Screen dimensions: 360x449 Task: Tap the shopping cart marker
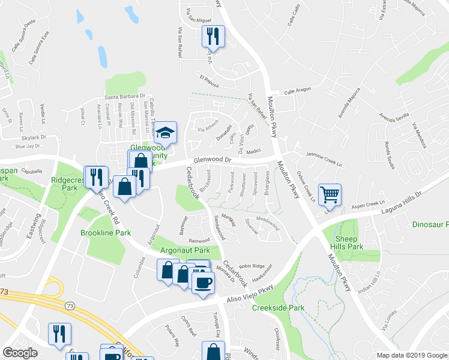[330, 194]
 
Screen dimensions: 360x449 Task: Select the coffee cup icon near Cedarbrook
[202, 281]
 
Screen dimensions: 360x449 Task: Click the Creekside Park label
[278, 308]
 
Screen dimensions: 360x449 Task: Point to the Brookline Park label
[106, 232]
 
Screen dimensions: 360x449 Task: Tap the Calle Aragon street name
[298, 90]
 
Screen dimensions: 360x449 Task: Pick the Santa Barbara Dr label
[125, 95]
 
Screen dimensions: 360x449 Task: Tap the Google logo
[20, 353]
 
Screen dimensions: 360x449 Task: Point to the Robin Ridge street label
[251, 266]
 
